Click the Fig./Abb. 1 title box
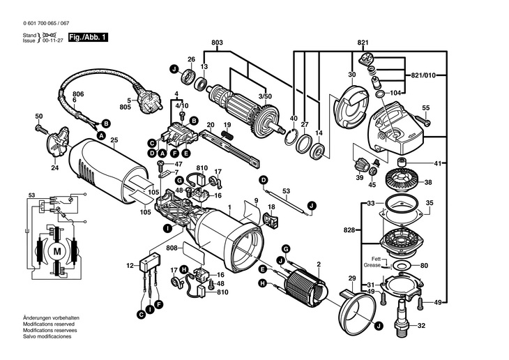(x=88, y=38)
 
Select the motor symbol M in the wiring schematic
(x=57, y=251)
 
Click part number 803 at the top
(x=217, y=43)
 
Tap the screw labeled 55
(x=422, y=120)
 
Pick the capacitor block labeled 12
(x=150, y=265)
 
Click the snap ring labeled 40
(x=291, y=136)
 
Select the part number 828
(x=349, y=230)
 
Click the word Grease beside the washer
(x=372, y=265)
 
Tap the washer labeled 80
(x=402, y=265)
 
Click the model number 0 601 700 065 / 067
(x=46, y=24)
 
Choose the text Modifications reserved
(x=49, y=324)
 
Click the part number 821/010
(x=423, y=75)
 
